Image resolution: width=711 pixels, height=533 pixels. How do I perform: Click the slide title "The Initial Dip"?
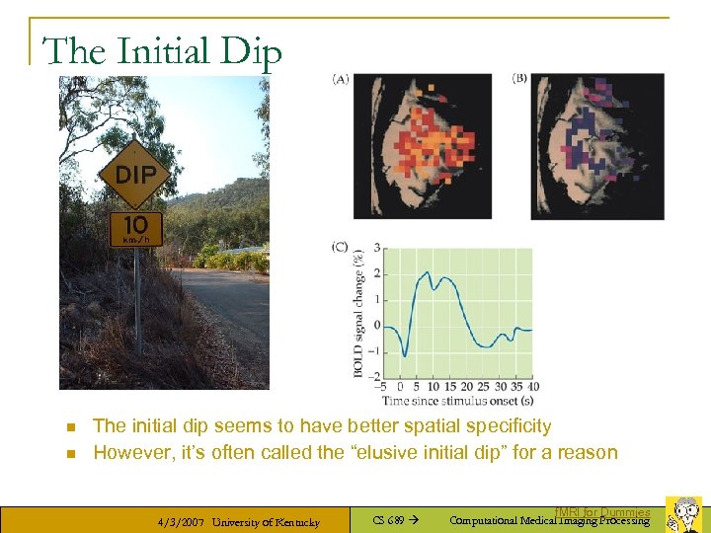point(163,51)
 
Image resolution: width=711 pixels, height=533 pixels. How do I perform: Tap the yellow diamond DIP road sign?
point(135,174)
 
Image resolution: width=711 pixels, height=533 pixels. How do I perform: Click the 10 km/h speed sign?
point(136,229)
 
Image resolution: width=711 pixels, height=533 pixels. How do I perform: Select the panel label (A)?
point(341,79)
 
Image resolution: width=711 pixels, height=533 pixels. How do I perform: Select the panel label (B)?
point(519,79)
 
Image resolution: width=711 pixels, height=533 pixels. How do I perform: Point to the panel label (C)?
point(341,247)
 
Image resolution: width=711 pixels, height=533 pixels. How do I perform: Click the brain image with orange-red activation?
point(423,146)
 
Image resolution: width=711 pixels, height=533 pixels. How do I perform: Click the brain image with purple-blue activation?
point(597,146)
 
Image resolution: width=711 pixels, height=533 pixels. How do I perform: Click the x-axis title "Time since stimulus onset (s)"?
point(460,401)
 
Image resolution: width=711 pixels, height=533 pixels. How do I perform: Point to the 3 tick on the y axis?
point(376,249)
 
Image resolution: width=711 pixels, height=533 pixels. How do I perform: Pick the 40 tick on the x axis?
point(533,386)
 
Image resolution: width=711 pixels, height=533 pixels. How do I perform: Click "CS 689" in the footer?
point(388,520)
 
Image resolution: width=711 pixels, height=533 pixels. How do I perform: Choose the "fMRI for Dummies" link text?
point(602,512)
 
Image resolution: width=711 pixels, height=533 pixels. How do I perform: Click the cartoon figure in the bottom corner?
point(683,513)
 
